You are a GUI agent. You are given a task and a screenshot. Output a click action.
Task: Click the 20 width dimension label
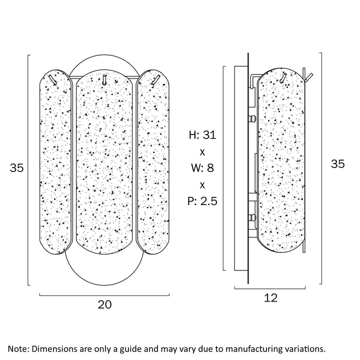(104, 303)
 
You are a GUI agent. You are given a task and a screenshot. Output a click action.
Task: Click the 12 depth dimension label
(270, 298)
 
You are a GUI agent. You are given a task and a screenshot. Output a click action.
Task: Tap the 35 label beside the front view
(17, 168)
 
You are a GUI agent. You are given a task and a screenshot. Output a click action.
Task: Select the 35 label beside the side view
(338, 163)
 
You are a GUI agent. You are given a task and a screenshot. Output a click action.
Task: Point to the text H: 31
(202, 135)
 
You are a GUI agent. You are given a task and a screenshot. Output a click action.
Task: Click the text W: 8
(202, 168)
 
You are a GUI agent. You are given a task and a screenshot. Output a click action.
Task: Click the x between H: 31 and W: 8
(202, 151)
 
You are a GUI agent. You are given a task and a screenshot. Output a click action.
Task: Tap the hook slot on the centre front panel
(104, 79)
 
